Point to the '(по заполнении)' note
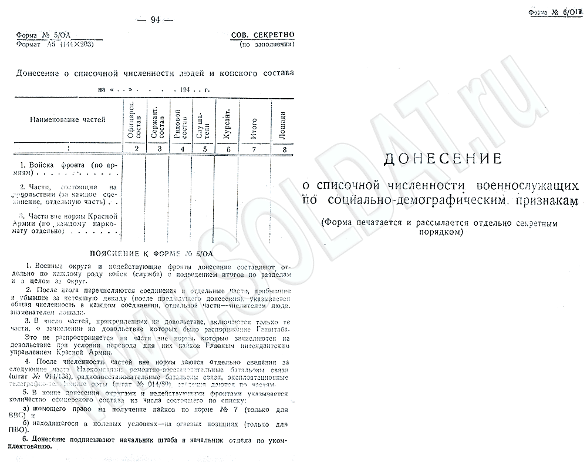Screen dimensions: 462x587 click(266, 44)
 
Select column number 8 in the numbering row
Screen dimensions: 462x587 click(285, 149)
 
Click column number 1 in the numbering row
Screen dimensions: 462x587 click(69, 149)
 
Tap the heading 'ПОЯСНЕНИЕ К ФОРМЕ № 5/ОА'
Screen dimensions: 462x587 click(151, 253)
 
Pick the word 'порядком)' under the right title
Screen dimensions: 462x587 click(443, 232)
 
